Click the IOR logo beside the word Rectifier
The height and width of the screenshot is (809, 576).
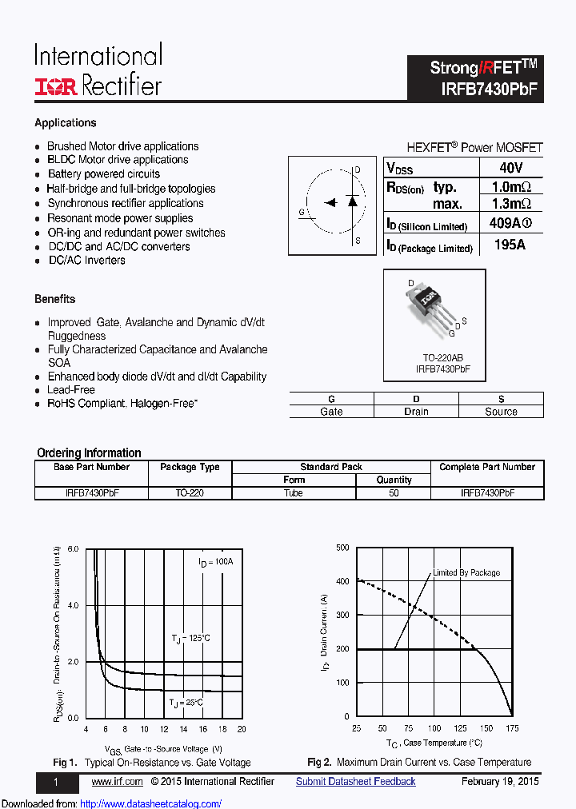pos(55,87)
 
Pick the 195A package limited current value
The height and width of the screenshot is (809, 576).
pos(510,245)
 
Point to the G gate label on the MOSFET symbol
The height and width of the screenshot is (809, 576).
pos(302,212)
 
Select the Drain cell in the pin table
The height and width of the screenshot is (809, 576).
pos(416,412)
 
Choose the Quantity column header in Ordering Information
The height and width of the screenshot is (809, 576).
pos(394,480)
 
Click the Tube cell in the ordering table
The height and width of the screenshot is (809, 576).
pos(294,493)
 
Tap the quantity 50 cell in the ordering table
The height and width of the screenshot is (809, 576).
pos(394,493)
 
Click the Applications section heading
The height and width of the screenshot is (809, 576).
pos(66,122)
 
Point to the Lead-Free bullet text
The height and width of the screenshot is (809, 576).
pos(71,390)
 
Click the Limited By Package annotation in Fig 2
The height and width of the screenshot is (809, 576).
pos(466,572)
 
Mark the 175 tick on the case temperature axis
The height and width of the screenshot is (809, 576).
pos(512,728)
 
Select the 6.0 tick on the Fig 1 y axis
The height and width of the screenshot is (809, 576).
pos(74,549)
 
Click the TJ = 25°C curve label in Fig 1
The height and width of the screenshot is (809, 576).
pos(186,702)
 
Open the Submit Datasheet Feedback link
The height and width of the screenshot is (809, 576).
pos(355,782)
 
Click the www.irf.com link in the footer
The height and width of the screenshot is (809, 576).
pos(117,782)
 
